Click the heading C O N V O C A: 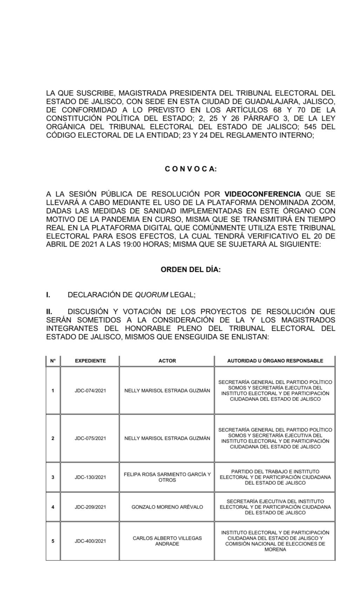point(191,169)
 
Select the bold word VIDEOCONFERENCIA point(262,194)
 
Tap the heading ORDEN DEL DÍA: point(191,270)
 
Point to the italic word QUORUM point(152,295)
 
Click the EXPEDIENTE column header point(90,361)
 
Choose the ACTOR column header point(167,361)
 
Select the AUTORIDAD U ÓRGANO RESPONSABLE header point(275,361)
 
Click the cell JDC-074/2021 point(90,391)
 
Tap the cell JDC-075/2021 point(90,438)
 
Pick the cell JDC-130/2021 point(90,477)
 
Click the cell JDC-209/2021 point(90,507)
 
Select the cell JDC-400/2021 point(90,541)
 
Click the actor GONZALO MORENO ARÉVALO point(167,507)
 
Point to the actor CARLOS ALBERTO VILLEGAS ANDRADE point(167,541)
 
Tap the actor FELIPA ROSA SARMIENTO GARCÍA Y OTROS point(167,477)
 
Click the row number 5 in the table point(53,541)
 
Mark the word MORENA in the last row point(275,550)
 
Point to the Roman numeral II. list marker point(49,312)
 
